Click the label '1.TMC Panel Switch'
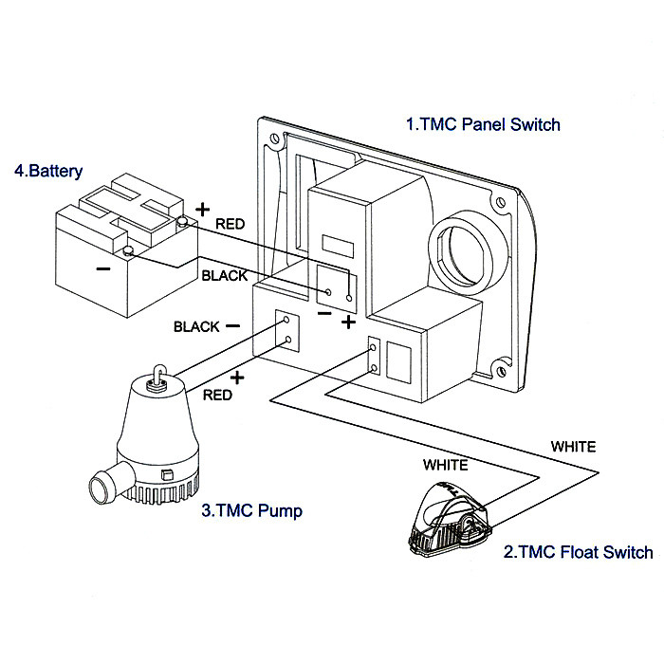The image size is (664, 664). [x=483, y=124]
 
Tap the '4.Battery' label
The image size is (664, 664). [x=48, y=172]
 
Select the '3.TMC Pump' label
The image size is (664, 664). [x=252, y=511]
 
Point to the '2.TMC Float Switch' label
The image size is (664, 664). [x=578, y=552]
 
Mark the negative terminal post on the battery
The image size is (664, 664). [x=127, y=251]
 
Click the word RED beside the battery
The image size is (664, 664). [x=231, y=225]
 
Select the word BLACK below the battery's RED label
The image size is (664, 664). [x=225, y=276]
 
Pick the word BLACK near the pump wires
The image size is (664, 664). [x=196, y=326]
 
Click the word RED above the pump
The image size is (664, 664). [x=217, y=395]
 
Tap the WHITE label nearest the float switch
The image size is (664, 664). [x=445, y=465]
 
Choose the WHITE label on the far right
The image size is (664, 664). [x=575, y=444]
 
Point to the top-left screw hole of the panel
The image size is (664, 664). [x=274, y=138]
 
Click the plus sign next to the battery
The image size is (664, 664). [x=201, y=208]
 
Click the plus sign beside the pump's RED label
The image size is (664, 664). [x=236, y=377]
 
